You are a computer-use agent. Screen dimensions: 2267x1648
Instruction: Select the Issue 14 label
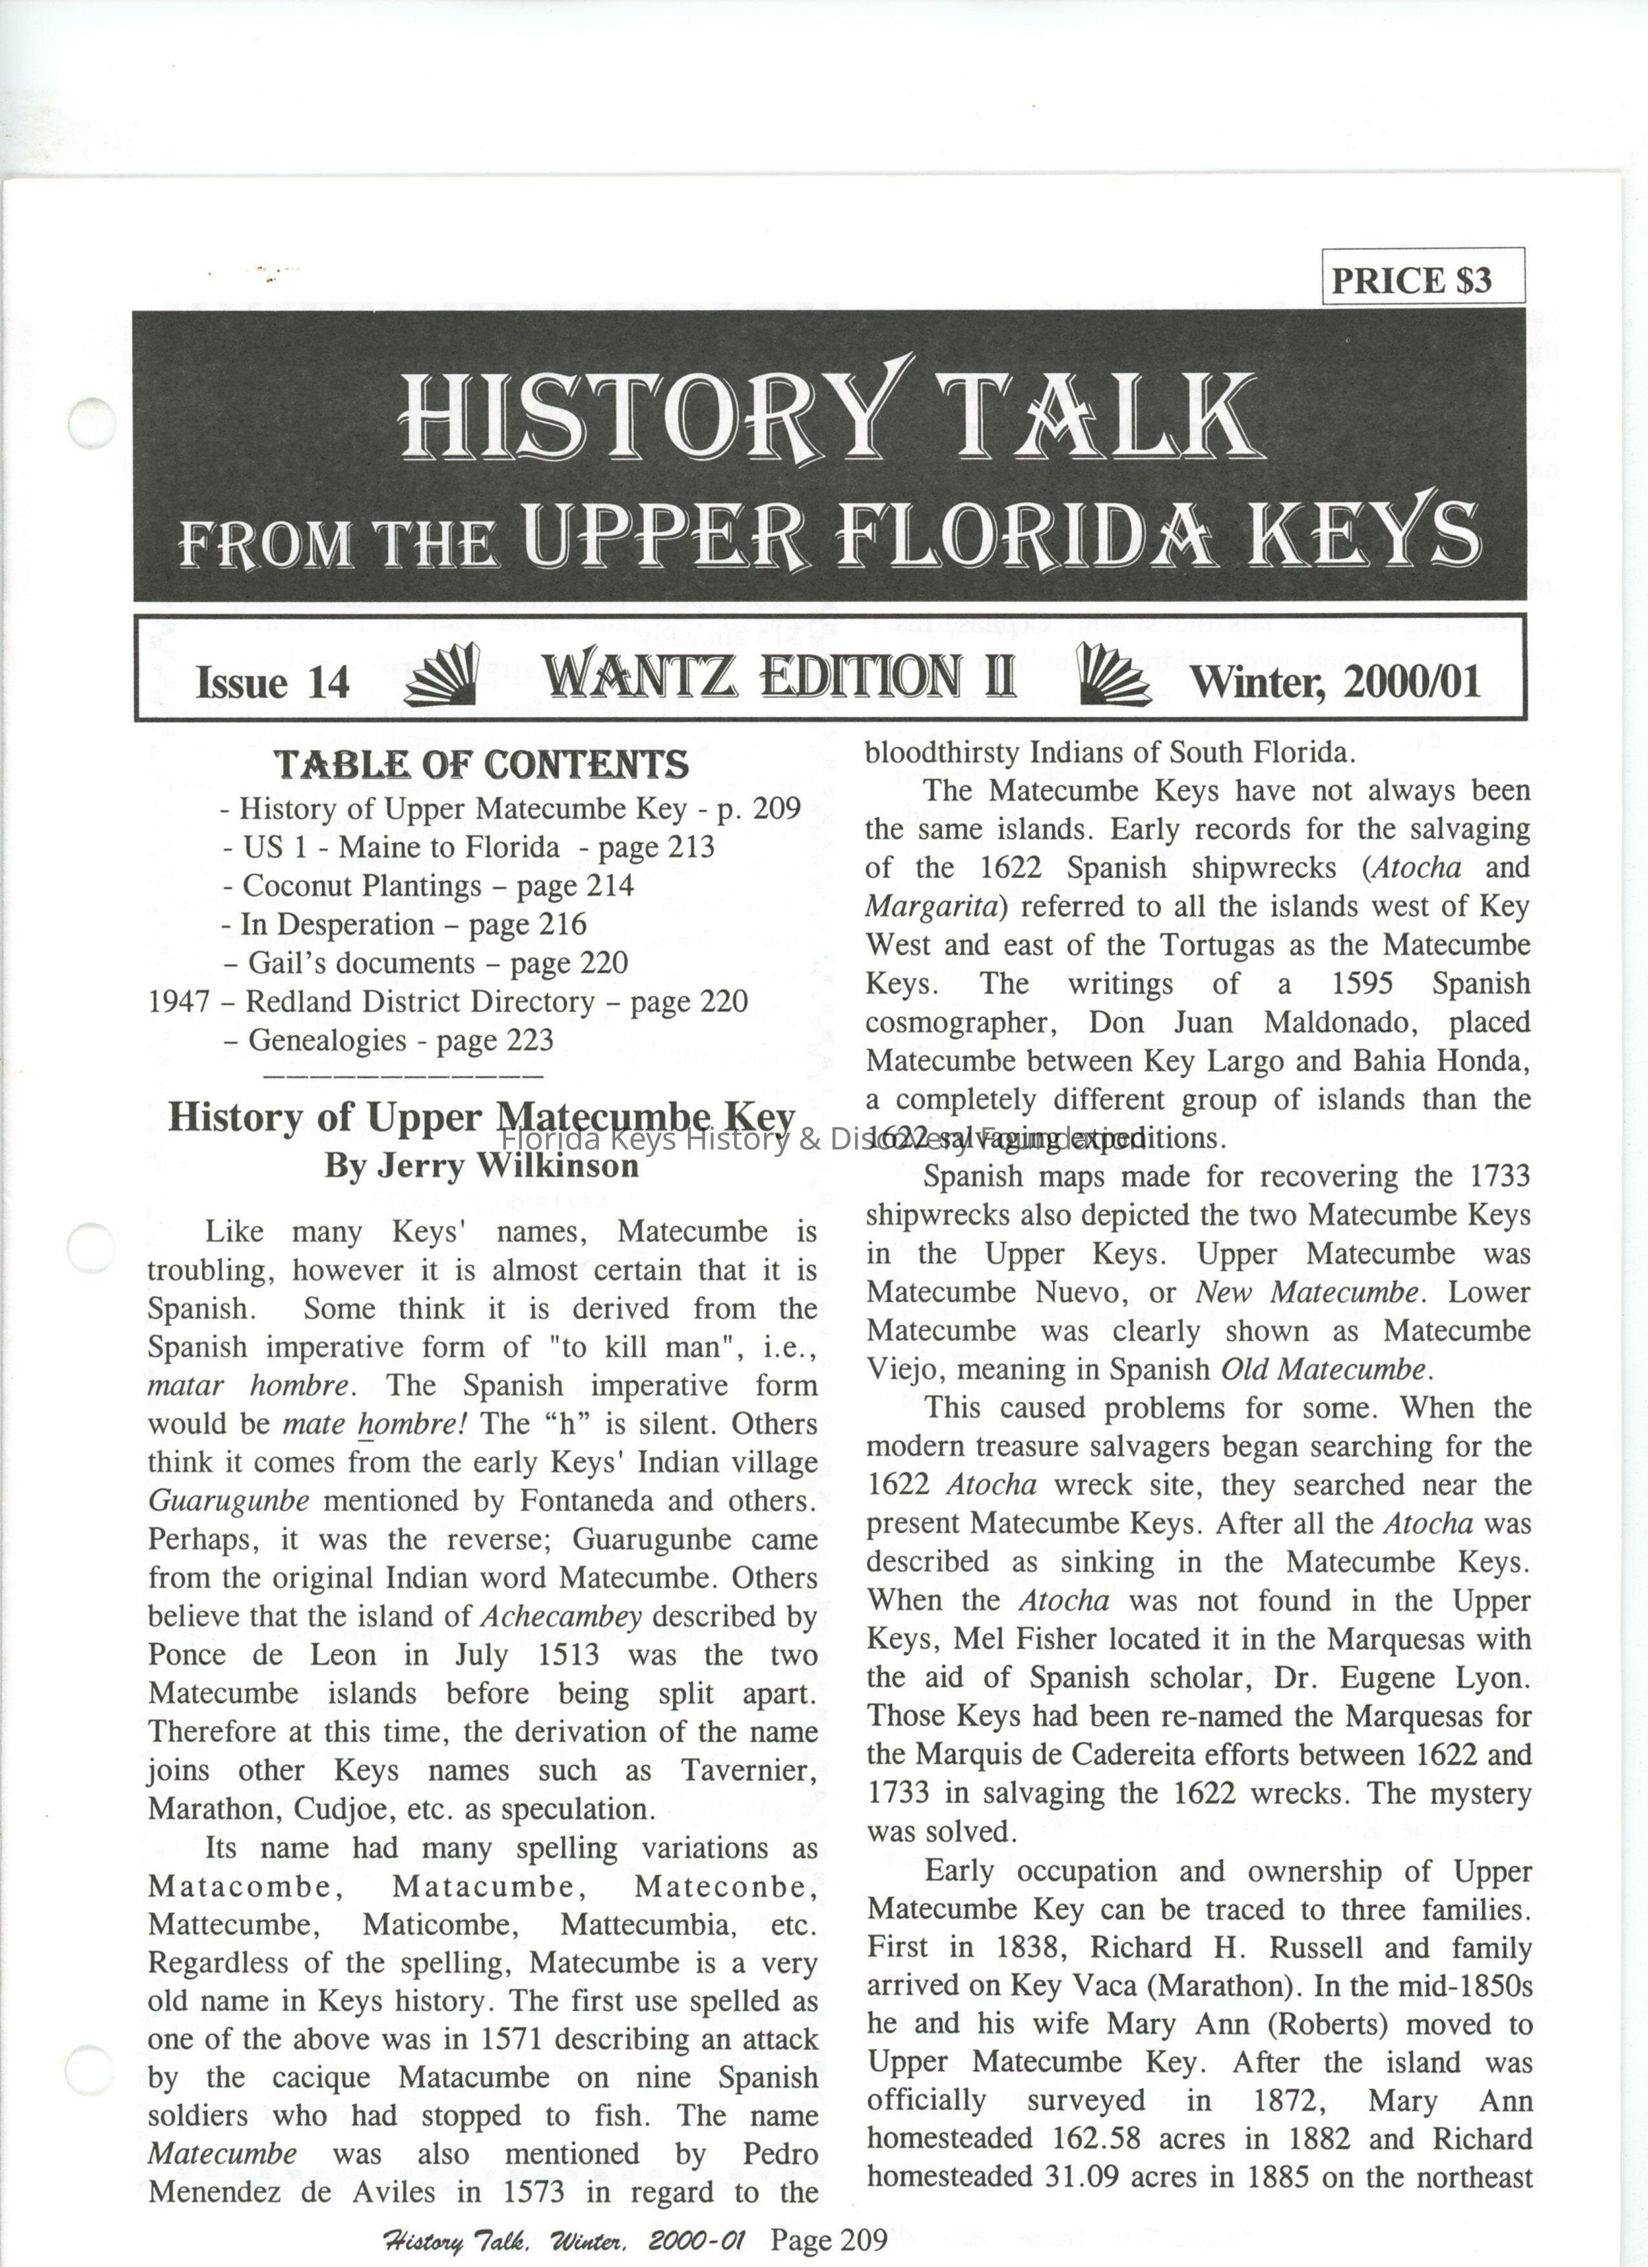click(272, 682)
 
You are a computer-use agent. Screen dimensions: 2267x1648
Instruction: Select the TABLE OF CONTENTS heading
click(482, 765)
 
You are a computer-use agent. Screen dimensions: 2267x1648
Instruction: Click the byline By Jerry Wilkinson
click(481, 1166)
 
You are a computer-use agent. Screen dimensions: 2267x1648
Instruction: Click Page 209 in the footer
click(828, 2239)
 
